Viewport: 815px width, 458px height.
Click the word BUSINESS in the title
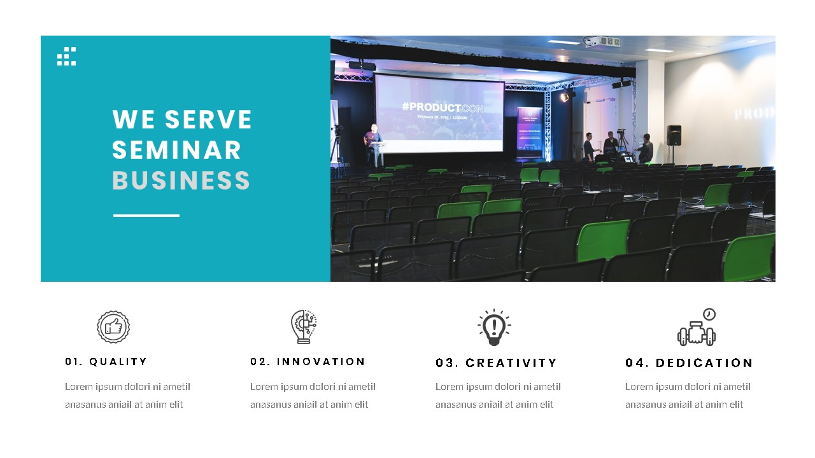181,181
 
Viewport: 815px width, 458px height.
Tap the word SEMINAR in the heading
176,150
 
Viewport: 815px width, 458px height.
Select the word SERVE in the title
208,120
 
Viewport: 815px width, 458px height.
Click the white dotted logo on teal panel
66,56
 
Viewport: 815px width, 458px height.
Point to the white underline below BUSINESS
146,216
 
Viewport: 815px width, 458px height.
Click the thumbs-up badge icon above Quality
113,327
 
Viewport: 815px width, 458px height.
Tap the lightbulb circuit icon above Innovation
304,327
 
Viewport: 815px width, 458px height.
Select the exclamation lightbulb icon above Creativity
494,327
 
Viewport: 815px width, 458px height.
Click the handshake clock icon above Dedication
697,328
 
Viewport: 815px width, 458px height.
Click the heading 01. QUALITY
106,361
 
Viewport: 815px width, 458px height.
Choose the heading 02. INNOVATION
308,361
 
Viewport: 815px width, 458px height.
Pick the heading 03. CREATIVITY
496,363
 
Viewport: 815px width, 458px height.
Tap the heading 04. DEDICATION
689,363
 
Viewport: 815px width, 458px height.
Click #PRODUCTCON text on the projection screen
443,108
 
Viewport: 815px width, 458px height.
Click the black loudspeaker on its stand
674,135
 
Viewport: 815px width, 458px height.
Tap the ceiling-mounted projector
602,42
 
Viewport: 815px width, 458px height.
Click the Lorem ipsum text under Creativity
498,395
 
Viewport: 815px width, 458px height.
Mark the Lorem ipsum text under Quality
127,395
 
